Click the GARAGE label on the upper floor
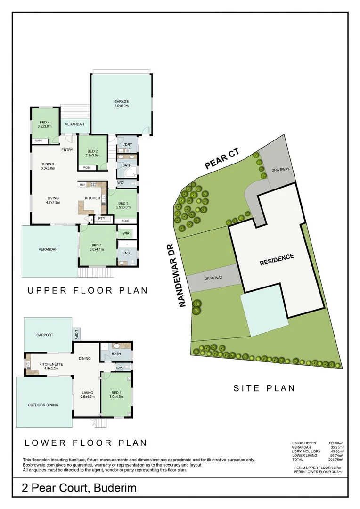click(121, 101)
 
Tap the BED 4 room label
click(45, 124)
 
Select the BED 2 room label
click(92, 151)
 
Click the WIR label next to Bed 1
click(126, 233)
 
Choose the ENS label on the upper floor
click(126, 253)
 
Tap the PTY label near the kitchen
click(102, 219)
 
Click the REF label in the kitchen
click(82, 185)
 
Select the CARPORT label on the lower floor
click(45, 335)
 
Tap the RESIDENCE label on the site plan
click(277, 259)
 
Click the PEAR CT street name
click(222, 159)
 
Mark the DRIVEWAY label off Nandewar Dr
click(213, 278)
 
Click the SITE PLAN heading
click(264, 388)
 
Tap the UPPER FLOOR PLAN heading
click(87, 291)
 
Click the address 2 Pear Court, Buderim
click(79, 488)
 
